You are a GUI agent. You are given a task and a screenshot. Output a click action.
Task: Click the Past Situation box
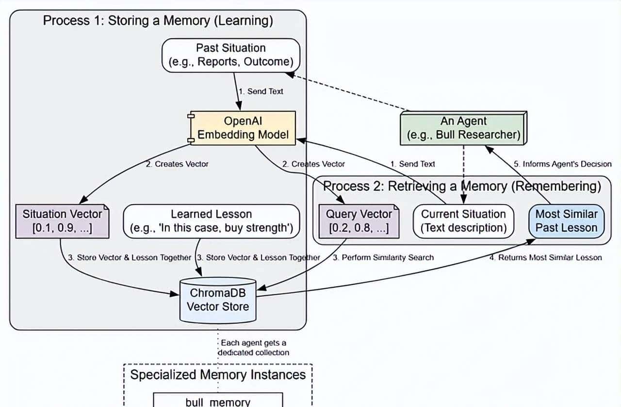230,55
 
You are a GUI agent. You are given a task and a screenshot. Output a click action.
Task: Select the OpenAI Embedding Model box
243,128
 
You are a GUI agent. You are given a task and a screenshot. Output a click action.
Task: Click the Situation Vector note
62,221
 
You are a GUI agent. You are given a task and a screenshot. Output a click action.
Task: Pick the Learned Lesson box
211,221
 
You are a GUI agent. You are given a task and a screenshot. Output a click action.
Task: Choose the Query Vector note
359,221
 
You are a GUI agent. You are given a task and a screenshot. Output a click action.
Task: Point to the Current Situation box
463,221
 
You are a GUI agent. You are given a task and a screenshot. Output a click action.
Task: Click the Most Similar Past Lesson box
566,221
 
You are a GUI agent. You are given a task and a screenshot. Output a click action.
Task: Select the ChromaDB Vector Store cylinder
218,300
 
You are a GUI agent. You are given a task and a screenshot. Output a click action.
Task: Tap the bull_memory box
218,401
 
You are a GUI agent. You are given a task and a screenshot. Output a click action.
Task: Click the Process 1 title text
158,21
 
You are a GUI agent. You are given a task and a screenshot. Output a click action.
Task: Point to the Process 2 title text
462,186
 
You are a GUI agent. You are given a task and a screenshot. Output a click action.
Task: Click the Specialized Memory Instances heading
218,375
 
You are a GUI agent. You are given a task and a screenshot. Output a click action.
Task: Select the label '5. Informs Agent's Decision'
563,164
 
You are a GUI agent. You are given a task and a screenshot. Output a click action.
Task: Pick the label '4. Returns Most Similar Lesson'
545,257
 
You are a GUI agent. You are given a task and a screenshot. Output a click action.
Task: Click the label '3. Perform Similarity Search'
383,257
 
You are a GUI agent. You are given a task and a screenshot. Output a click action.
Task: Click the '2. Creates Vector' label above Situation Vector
177,164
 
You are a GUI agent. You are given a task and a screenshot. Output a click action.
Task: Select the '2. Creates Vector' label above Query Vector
314,164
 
